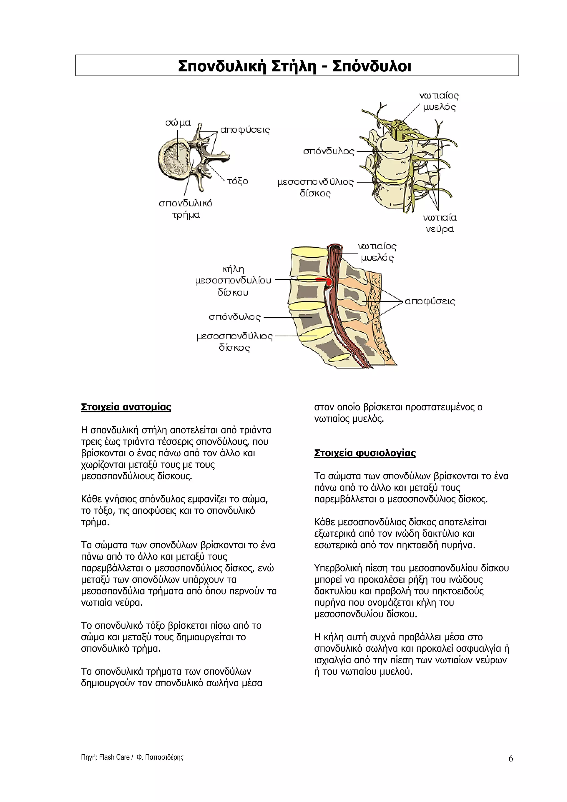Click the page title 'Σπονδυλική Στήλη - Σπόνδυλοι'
click(x=295, y=66)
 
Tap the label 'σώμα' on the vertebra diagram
click(x=178, y=123)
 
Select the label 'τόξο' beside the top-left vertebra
click(x=238, y=181)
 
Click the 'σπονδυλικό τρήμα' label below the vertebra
click(x=185, y=209)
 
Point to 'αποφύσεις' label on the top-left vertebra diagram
click(x=245, y=130)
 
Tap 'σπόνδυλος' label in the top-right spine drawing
click(x=328, y=151)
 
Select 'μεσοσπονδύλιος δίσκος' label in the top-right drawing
click(x=315, y=188)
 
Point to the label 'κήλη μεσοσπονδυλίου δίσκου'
click(x=233, y=281)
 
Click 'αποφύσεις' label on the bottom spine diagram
click(x=430, y=301)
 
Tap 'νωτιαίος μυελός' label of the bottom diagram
click(x=377, y=252)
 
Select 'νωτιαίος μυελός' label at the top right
click(x=439, y=101)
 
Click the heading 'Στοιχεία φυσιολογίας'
click(x=365, y=453)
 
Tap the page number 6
click(x=511, y=758)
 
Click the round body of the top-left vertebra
click(x=175, y=159)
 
